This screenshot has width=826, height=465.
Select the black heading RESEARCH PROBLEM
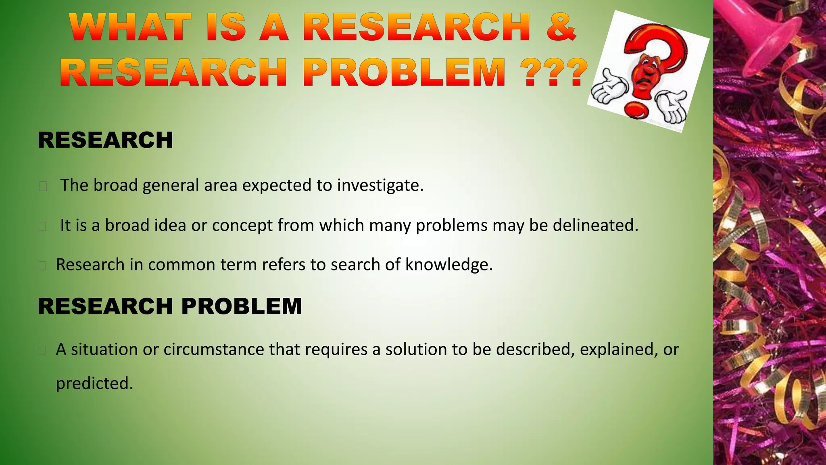(169, 306)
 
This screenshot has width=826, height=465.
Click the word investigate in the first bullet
(380, 185)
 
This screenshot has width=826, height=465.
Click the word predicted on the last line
(94, 383)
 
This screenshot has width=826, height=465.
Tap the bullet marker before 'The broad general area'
(43, 186)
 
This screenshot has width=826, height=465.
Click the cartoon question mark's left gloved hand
(607, 86)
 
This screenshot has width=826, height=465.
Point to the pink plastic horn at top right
(766, 36)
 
